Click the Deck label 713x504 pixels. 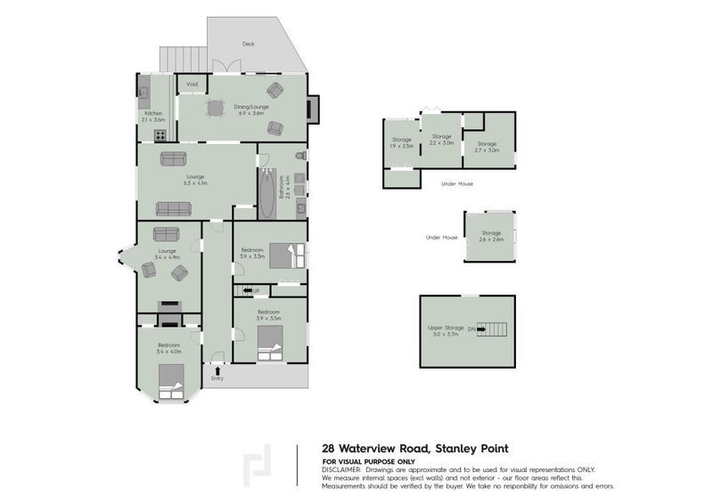tap(249, 44)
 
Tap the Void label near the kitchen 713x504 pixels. tap(191, 85)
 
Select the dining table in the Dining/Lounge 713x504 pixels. tap(215, 108)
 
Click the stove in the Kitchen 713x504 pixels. tap(161, 136)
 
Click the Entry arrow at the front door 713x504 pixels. tap(217, 367)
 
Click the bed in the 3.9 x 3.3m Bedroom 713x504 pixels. tap(289, 256)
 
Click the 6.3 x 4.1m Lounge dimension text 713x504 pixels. tap(196, 184)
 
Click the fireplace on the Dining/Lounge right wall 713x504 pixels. tap(311, 110)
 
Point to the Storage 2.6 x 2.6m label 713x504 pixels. tap(492, 236)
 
